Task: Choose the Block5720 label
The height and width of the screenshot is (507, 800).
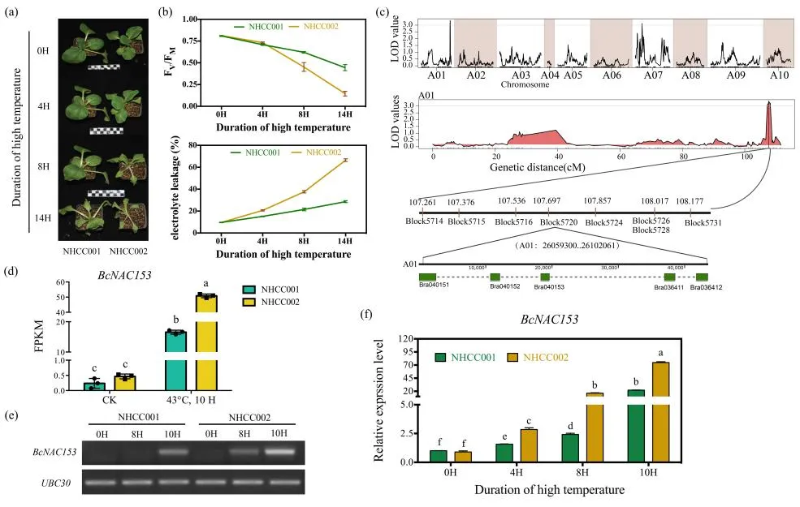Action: (x=559, y=221)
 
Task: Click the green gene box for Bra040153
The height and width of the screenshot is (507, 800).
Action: (x=545, y=277)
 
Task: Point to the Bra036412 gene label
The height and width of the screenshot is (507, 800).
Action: (x=707, y=288)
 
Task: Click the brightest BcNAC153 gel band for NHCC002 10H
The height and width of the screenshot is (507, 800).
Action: (x=279, y=452)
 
